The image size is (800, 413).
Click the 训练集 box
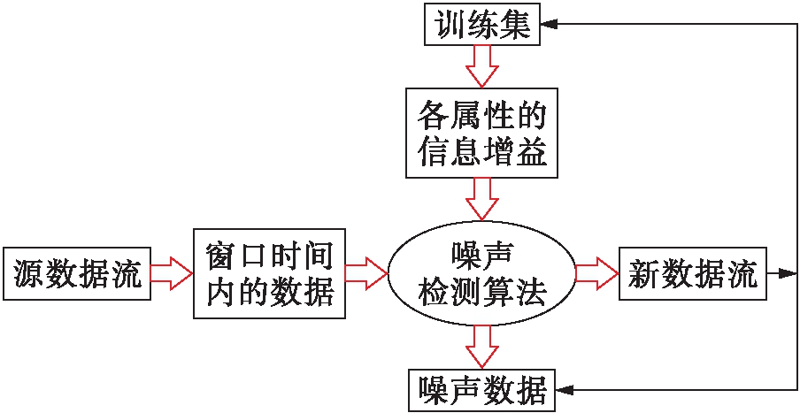(482, 24)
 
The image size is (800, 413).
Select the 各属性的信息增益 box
(482, 132)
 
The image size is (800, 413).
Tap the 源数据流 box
(77, 274)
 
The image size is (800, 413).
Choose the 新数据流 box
(693, 274)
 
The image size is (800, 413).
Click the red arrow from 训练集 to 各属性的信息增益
(482, 65)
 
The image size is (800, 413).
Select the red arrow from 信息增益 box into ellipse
(482, 198)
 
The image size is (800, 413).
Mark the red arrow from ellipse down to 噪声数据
(482, 346)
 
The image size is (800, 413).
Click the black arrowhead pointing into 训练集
(550, 24)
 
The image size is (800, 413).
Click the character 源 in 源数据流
(30, 275)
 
